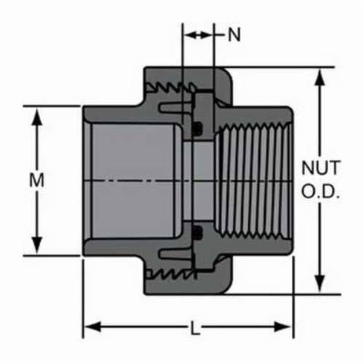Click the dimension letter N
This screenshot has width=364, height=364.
tap(234, 34)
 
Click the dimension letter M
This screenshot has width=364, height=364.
tap(36, 180)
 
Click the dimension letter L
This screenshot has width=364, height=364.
tap(195, 328)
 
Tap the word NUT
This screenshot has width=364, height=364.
tap(320, 167)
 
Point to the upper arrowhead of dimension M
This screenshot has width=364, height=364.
tap(37, 117)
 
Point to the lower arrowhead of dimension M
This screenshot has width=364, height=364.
tap(37, 245)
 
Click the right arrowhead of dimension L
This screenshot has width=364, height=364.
tap(282, 327)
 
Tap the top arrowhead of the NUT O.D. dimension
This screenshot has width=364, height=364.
tap(320, 78)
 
